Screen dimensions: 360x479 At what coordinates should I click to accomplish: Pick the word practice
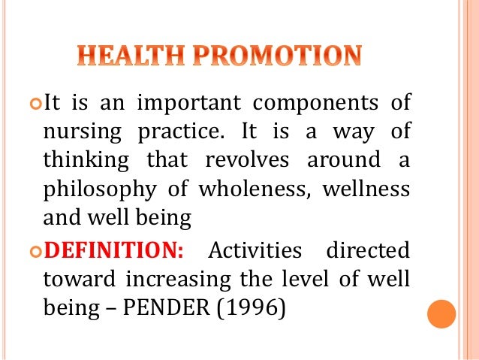182,133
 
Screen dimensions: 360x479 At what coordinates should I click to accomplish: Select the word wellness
366,189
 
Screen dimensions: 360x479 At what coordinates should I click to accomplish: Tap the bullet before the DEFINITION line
35,249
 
